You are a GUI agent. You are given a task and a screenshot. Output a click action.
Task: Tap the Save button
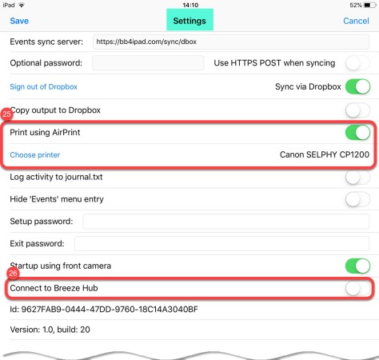tap(19, 21)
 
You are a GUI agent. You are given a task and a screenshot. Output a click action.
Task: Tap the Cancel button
tap(356, 21)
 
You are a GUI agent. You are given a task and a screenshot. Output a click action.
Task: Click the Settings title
tap(189, 21)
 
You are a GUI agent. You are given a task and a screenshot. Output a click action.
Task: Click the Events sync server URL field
tap(231, 42)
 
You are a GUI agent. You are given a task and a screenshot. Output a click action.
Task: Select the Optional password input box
tap(148, 63)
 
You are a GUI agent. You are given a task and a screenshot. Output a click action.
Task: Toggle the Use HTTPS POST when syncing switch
tap(357, 63)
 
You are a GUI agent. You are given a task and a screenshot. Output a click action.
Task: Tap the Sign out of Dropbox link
tap(43, 86)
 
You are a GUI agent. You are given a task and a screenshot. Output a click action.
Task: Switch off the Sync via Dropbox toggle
tap(357, 86)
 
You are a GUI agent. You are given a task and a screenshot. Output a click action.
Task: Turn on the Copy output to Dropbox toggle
tap(357, 110)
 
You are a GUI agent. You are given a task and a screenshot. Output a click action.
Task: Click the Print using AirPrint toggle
tap(357, 133)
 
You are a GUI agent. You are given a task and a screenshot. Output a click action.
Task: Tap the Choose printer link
tap(35, 155)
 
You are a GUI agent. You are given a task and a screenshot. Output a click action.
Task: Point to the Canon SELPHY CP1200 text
tap(325, 154)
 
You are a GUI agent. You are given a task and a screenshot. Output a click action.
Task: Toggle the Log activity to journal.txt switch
tap(357, 177)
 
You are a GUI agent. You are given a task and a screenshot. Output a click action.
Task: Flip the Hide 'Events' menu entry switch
tap(357, 199)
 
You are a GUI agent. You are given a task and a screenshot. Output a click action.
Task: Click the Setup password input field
tap(226, 222)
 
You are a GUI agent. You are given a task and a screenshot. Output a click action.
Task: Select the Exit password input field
tap(221, 243)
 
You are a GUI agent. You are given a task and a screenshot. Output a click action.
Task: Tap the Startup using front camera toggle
tap(357, 266)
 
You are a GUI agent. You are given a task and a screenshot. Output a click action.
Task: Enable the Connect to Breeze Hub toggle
tap(357, 288)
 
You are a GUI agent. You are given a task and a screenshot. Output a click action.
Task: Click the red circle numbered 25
tap(6, 114)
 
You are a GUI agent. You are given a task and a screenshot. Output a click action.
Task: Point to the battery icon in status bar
tap(369, 5)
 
